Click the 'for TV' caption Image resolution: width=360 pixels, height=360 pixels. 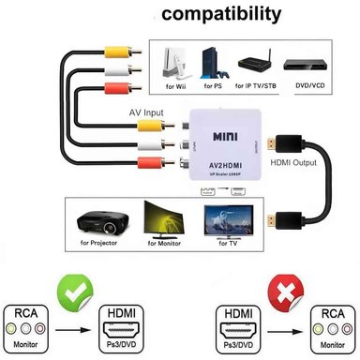click(228, 243)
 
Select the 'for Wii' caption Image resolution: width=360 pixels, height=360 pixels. click(175, 87)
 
